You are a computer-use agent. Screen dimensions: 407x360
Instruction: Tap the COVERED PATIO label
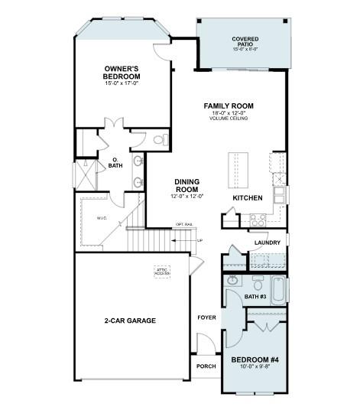[x=245, y=42]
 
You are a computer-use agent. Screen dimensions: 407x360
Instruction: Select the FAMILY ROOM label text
[x=229, y=106]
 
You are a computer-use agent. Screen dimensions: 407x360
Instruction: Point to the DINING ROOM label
[x=187, y=185]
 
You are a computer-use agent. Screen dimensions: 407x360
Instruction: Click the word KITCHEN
[x=248, y=198]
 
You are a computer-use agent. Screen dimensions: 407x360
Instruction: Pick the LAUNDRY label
[x=268, y=243]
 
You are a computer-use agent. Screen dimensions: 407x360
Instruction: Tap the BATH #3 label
[x=256, y=297]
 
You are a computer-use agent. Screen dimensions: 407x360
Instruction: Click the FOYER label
[x=206, y=317]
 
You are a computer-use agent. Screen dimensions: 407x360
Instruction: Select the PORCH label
[x=206, y=365]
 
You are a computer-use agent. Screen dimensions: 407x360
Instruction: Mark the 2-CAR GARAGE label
[x=130, y=321]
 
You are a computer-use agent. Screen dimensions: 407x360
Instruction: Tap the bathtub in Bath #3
[x=279, y=291]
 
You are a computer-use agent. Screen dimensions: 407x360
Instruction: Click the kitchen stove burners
[x=258, y=217]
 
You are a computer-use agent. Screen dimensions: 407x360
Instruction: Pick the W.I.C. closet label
[x=102, y=217]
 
